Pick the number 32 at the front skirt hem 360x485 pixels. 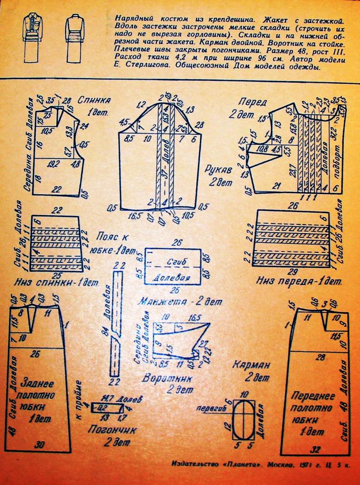[x=314, y=447]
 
